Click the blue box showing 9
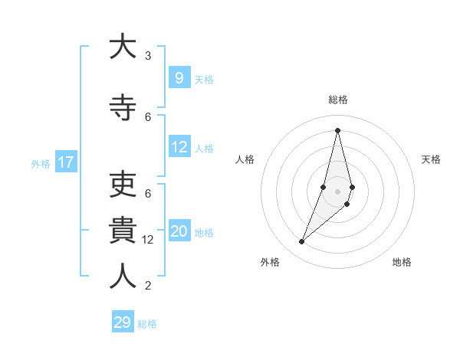tap(179, 77)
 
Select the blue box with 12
tap(179, 147)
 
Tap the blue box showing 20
tap(179, 231)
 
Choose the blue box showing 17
tap(66, 162)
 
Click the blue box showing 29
tap(123, 322)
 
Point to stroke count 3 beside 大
tap(148, 56)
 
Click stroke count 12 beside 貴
tap(149, 240)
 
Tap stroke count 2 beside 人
tap(148, 286)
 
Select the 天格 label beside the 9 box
tap(204, 79)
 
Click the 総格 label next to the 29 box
tap(147, 324)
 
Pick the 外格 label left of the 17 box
tap(41, 163)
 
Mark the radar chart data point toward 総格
tap(337, 129)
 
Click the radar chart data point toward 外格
tap(301, 242)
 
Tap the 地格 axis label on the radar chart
tap(402, 262)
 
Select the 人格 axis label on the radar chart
tap(245, 159)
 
